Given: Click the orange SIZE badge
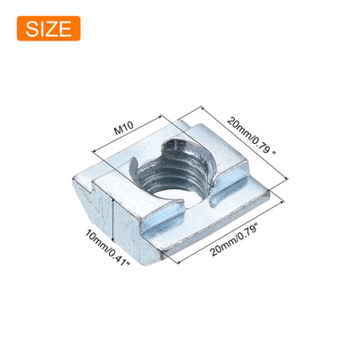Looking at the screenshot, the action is (x=49, y=29).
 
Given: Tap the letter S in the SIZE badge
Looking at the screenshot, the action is (x=31, y=29).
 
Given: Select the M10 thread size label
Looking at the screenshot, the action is (x=123, y=130).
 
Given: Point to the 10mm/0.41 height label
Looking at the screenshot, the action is (x=107, y=247).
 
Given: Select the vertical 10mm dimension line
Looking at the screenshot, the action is (x=112, y=220).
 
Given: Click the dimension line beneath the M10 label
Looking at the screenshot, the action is (x=128, y=133).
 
